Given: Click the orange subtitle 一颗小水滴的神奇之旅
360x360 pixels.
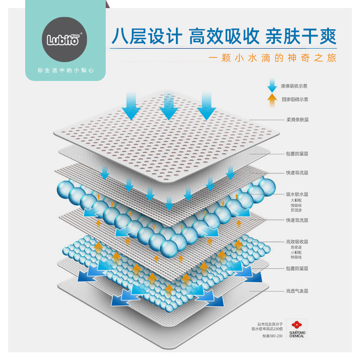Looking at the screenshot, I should coord(273,59).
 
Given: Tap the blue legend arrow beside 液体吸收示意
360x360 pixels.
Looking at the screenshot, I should coord(271,85).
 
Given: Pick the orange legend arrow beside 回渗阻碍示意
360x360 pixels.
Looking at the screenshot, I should coord(271,99).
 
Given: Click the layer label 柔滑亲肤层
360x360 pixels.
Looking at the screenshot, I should coord(297,120).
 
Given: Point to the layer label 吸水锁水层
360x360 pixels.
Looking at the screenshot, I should coord(297,194).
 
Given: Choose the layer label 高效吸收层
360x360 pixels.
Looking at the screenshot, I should coord(297,242).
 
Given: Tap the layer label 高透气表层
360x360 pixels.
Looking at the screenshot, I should coord(297,291).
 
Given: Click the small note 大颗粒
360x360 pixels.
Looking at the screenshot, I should coord(296,200).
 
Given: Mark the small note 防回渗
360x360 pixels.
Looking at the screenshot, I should coord(296,210).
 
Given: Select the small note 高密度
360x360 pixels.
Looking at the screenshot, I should coord(296,247).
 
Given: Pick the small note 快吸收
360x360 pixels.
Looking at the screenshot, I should coord(296,257).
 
